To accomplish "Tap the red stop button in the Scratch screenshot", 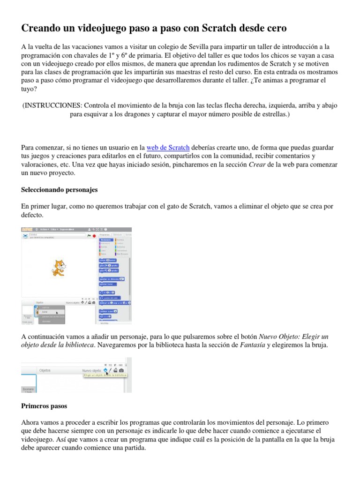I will click(94, 236).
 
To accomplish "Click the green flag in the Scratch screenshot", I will click(89, 236).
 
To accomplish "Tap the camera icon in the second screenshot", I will click(121, 370).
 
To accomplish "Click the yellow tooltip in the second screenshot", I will click(105, 375).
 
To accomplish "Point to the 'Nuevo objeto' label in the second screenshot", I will click(92, 370).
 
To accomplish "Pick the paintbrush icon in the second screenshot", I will click(110, 370).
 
